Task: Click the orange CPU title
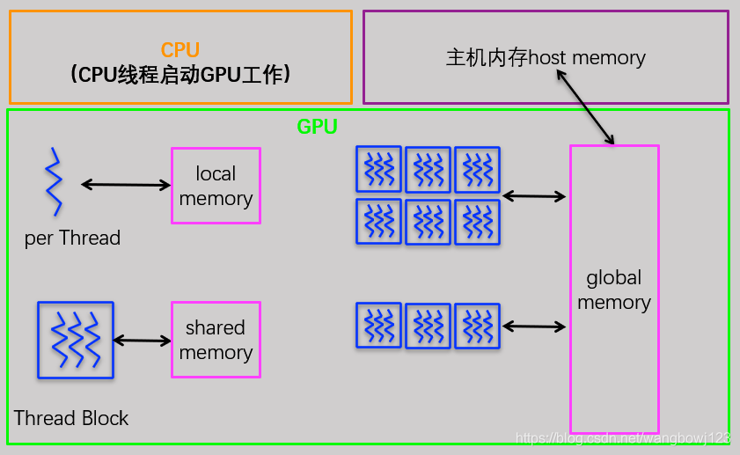(x=180, y=50)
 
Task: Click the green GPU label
(x=317, y=126)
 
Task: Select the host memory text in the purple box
(x=546, y=58)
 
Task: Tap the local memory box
(x=216, y=186)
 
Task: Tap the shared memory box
(x=216, y=340)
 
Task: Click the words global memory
(x=614, y=290)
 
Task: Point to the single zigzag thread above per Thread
(x=55, y=182)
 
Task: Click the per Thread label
(x=72, y=239)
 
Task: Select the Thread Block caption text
(x=71, y=418)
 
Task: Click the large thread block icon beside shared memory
(x=76, y=340)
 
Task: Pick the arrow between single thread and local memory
(x=126, y=185)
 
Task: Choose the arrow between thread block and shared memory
(x=142, y=341)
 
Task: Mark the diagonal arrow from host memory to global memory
(x=584, y=107)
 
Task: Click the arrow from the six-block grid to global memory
(x=534, y=197)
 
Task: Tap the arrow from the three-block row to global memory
(x=534, y=327)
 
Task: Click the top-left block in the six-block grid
(x=378, y=169)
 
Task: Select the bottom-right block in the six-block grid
(x=477, y=222)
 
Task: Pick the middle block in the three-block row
(x=428, y=326)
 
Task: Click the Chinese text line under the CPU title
(x=180, y=76)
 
